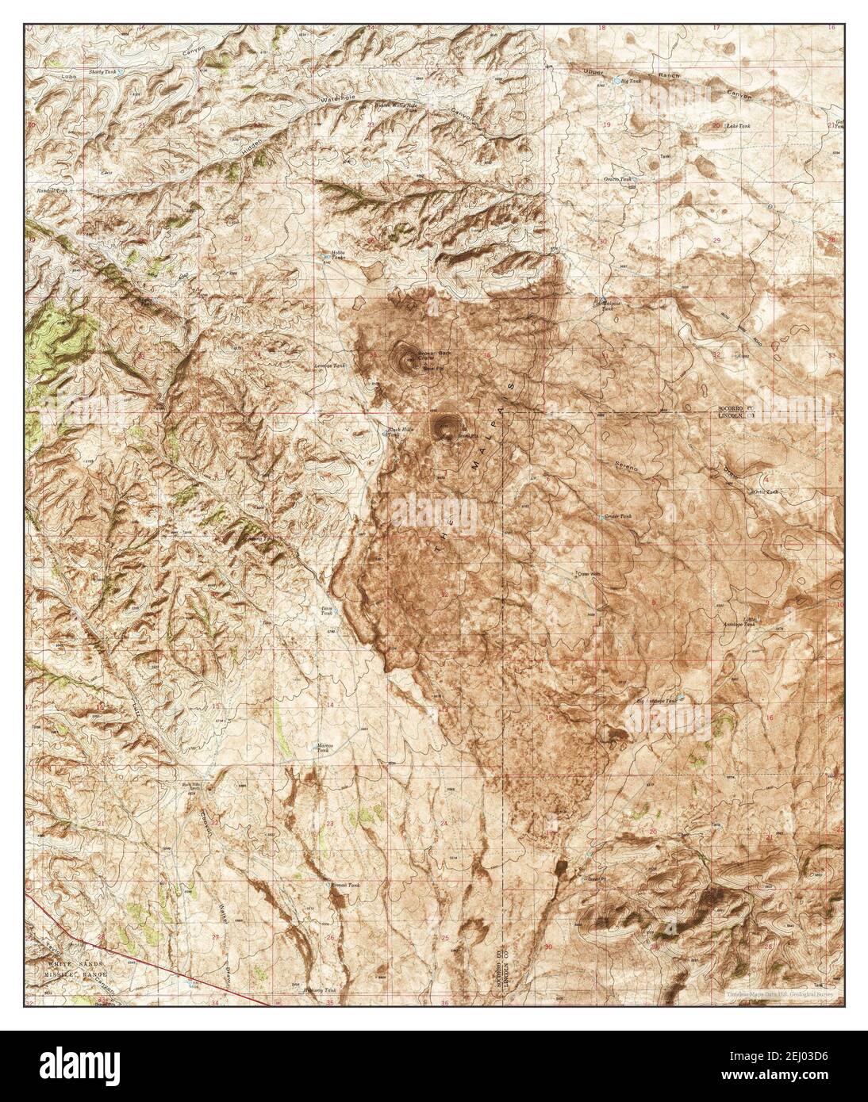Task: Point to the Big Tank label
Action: [x=630, y=81]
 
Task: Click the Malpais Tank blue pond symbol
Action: [x=601, y=301]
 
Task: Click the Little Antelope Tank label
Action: [x=758, y=621]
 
